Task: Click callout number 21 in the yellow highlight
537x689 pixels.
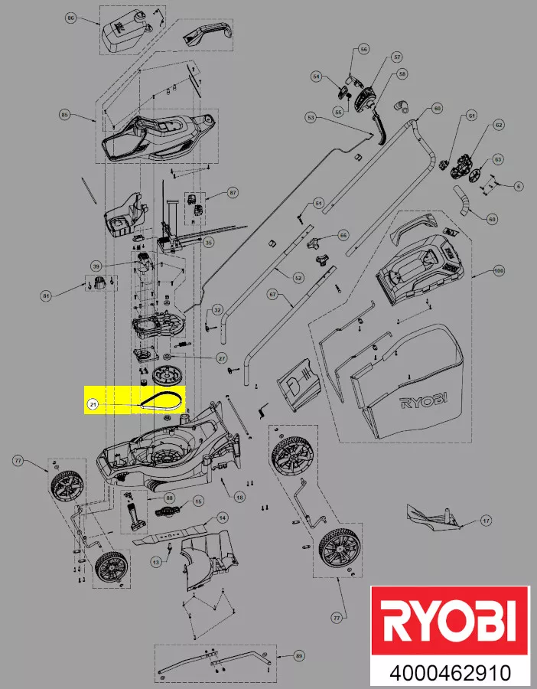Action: point(93,404)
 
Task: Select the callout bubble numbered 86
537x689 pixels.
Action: point(71,18)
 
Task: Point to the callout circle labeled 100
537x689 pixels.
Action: point(499,271)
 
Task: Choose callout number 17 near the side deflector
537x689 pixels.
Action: point(485,521)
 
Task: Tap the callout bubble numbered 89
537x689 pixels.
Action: point(298,656)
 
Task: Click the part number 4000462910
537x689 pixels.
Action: point(450,674)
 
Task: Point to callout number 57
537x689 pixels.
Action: point(396,57)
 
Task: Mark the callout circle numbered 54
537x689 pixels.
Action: point(316,77)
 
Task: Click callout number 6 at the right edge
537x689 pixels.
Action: point(519,186)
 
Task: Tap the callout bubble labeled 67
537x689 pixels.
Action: point(272,294)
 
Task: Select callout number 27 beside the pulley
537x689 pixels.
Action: point(222,358)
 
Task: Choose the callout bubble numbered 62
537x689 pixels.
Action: point(499,124)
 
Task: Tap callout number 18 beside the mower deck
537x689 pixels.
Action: point(239,498)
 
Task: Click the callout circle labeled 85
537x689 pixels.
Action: point(65,115)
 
